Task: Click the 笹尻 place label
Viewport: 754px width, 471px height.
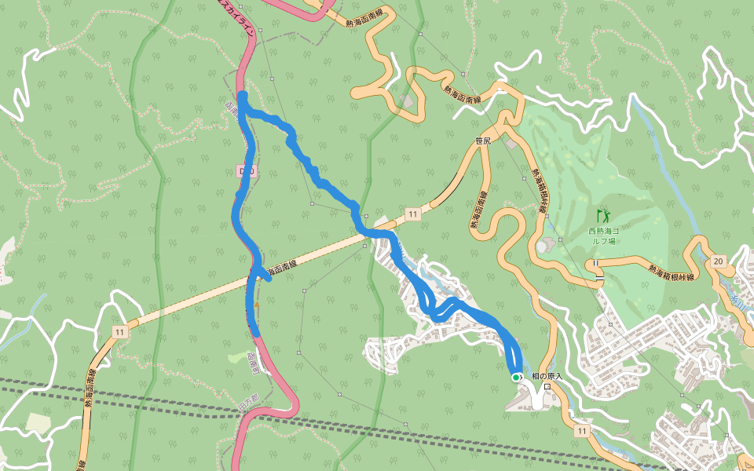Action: click(x=483, y=141)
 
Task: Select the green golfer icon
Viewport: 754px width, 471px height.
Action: click(x=603, y=214)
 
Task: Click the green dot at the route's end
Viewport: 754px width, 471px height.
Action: click(x=516, y=378)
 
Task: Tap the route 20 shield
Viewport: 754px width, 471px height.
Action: click(x=718, y=261)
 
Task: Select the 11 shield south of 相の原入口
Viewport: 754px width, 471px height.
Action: click(x=580, y=431)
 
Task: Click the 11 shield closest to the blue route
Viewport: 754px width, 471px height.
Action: click(x=412, y=214)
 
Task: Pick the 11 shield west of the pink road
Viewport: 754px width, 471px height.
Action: click(x=119, y=332)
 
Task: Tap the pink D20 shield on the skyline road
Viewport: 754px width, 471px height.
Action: click(x=244, y=170)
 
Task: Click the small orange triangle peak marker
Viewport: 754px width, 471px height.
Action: click(x=257, y=305)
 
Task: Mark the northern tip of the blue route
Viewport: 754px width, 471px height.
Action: click(x=243, y=96)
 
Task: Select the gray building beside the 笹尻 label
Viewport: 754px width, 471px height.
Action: click(x=513, y=144)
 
